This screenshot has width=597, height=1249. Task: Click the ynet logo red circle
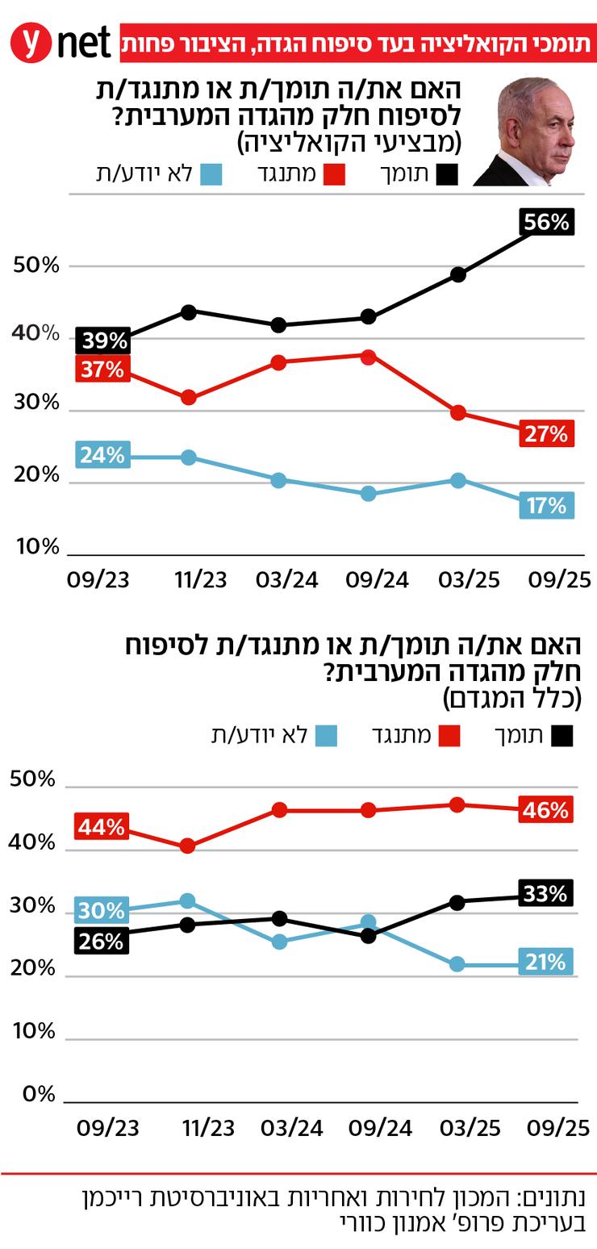pyautogui.click(x=31, y=43)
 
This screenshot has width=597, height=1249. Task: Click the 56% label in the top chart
pyautogui.click(x=546, y=221)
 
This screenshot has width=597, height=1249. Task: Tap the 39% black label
pyautogui.click(x=102, y=341)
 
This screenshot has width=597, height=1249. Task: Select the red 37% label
pyautogui.click(x=102, y=370)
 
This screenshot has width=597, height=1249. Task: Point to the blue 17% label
pyautogui.click(x=546, y=505)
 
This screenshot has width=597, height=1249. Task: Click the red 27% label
pyautogui.click(x=546, y=434)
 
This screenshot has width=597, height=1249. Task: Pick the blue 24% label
pyautogui.click(x=102, y=455)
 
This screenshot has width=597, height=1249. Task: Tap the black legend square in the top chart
pyautogui.click(x=446, y=174)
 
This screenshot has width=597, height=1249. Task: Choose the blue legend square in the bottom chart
pyautogui.click(x=326, y=735)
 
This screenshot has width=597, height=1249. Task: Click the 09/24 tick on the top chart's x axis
pyautogui.click(x=378, y=580)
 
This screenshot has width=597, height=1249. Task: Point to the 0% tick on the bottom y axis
pyautogui.click(x=39, y=1094)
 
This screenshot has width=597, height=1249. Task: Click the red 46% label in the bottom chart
pyautogui.click(x=545, y=809)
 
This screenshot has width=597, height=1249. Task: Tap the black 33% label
pyautogui.click(x=545, y=893)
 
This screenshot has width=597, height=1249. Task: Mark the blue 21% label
pyautogui.click(x=545, y=962)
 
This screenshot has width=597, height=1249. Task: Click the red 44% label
pyautogui.click(x=102, y=827)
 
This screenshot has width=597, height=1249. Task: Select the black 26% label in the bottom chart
pyautogui.click(x=102, y=941)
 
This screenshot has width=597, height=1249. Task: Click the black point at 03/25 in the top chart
pyautogui.click(x=458, y=274)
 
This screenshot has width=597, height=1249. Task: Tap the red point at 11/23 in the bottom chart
pyautogui.click(x=187, y=846)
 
